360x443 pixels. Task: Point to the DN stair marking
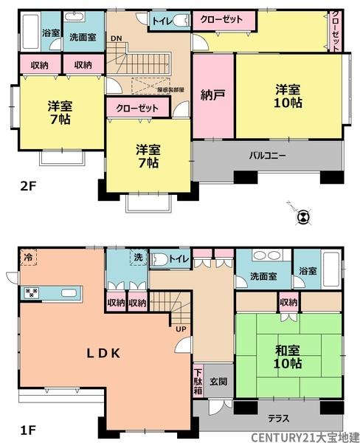(116, 38)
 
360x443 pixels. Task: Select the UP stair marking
(180, 329)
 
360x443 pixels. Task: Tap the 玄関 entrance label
(217, 381)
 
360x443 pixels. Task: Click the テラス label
(278, 418)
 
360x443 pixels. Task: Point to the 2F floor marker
(27, 186)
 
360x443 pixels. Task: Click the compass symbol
(302, 217)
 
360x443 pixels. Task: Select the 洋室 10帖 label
(288, 96)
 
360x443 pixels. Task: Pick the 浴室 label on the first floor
(308, 272)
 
